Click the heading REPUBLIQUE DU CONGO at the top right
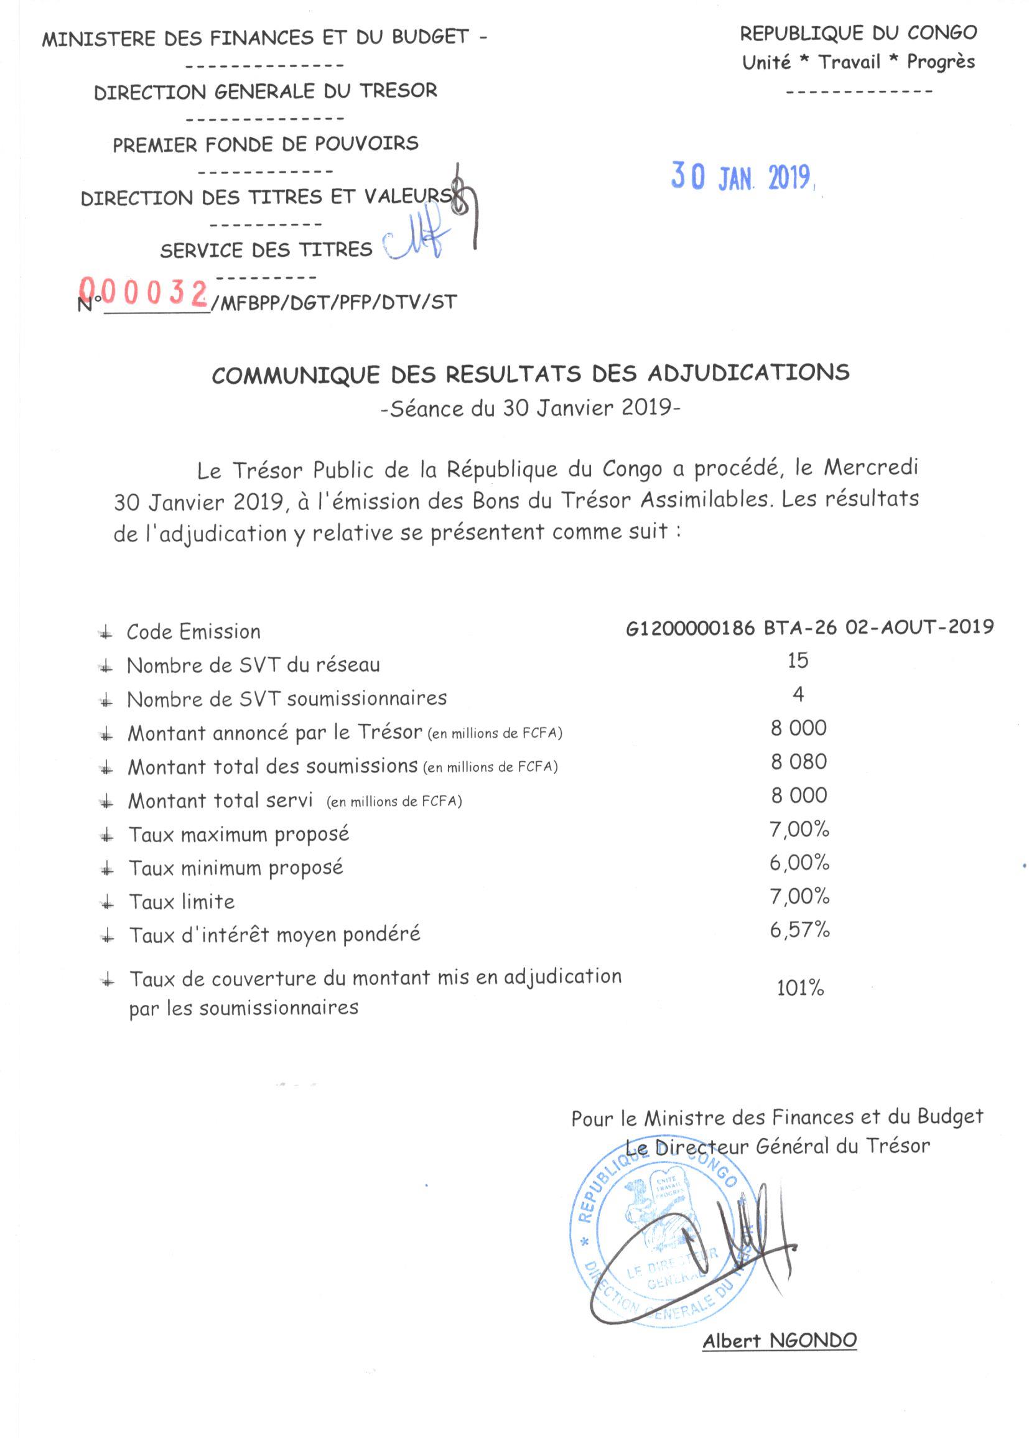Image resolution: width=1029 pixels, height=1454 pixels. coord(858,33)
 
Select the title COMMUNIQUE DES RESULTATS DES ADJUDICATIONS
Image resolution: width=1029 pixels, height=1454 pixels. coord(530,374)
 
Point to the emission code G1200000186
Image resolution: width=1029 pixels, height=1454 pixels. coord(690,627)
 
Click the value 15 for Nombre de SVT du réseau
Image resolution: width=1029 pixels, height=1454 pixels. coord(798,660)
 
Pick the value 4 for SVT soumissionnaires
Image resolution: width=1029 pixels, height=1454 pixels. coord(798,694)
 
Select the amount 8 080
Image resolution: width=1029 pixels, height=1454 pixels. coord(798,761)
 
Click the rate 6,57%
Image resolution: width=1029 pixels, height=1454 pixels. coord(799,930)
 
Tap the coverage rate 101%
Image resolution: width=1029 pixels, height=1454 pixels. coord(799,988)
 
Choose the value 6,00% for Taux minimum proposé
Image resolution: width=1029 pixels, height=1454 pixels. coord(799,863)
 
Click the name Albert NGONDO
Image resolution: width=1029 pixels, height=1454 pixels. coord(780,1341)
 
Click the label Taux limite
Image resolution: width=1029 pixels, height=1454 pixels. coord(182,901)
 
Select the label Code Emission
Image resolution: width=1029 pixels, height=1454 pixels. coord(193,631)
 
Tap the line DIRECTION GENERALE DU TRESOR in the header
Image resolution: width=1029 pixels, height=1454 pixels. coord(266,91)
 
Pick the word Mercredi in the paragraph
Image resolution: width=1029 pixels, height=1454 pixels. coord(870,468)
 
